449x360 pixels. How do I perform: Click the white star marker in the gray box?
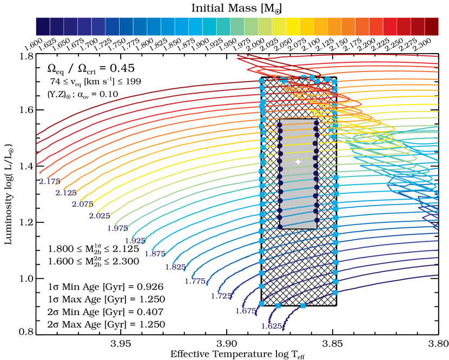point(298,162)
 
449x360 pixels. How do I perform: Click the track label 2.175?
point(50,181)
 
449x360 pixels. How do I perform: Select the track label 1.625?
point(272,326)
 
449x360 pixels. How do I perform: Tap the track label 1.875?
point(155,254)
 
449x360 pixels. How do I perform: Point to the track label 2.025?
point(100,216)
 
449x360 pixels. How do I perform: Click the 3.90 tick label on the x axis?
point(227,344)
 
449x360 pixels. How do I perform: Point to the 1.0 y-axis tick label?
point(27,278)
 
